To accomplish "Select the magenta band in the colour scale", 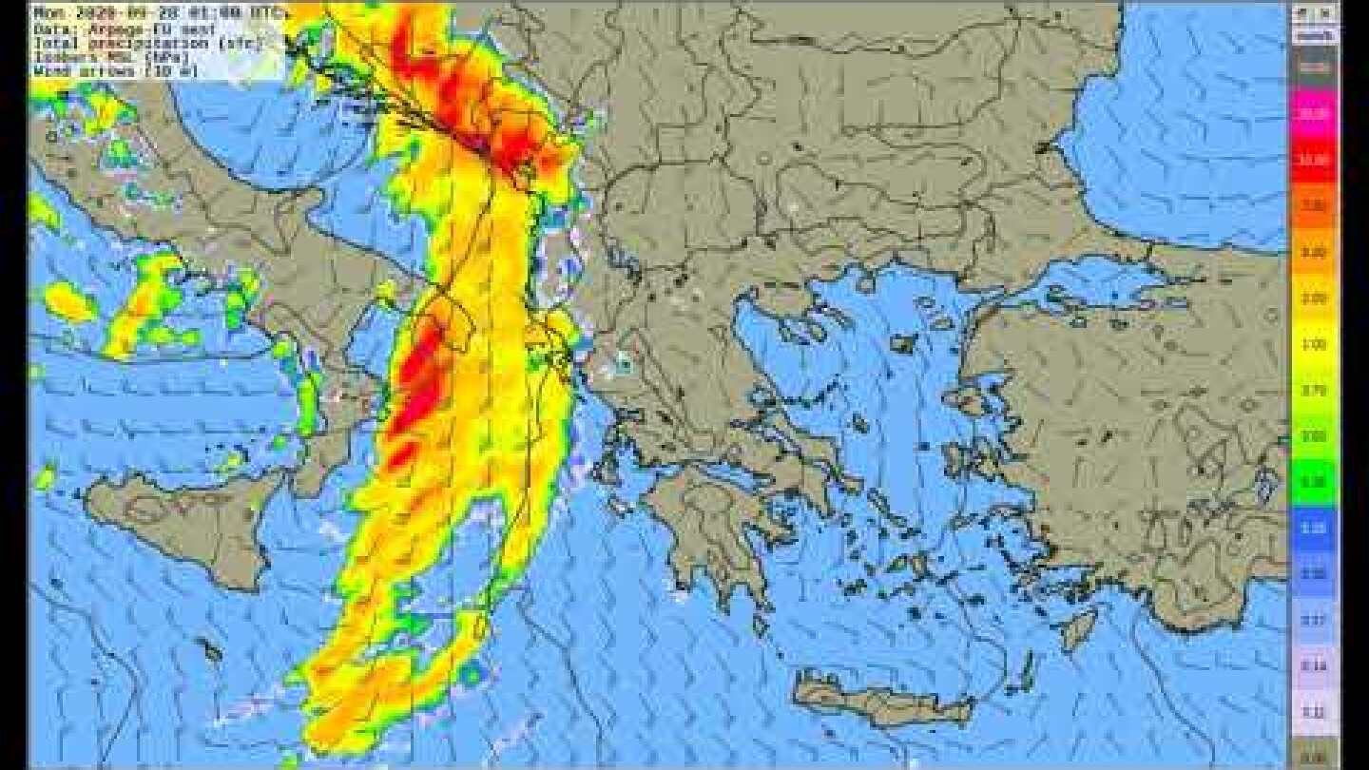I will [x=1314, y=112].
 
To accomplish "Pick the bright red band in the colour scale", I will [x=1314, y=160].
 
